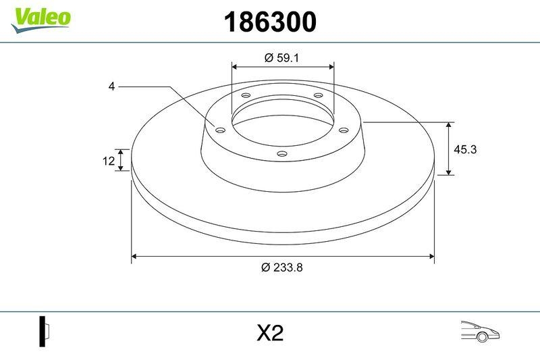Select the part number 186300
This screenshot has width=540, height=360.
point(269,22)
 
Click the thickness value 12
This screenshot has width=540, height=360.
point(108,160)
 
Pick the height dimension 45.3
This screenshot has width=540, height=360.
point(465,150)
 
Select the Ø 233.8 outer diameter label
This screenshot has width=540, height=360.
point(282,267)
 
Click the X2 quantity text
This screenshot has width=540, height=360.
point(269,333)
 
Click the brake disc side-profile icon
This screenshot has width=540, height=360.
point(45,332)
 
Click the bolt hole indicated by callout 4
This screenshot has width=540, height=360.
point(219,130)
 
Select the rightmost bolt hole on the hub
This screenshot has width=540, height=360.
point(342,130)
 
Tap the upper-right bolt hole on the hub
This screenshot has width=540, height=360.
point(318,96)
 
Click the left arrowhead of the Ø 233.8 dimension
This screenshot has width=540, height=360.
point(134,256)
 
